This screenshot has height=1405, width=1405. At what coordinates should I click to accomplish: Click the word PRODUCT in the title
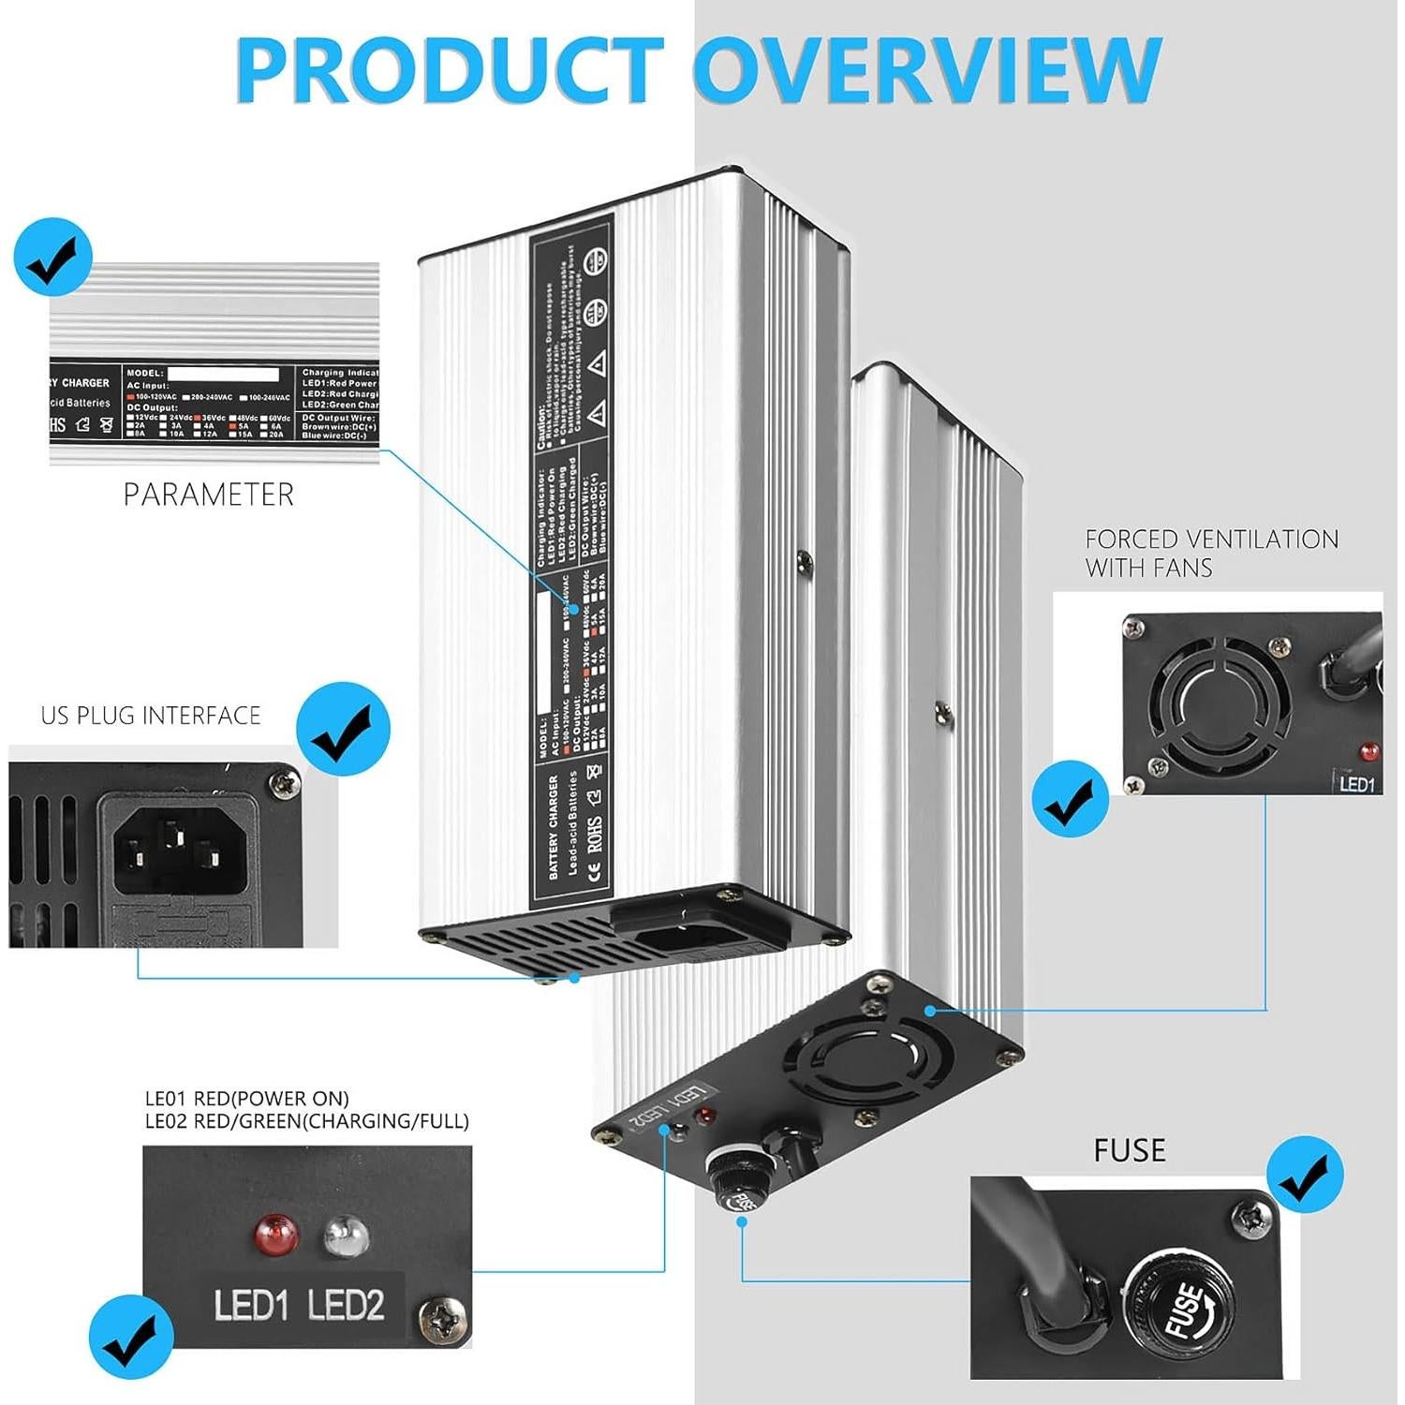coord(450,70)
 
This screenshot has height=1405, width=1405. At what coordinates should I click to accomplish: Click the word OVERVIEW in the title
coord(927,70)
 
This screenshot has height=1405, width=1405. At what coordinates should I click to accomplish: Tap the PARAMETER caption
coord(209,495)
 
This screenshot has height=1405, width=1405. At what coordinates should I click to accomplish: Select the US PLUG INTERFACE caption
coord(151,717)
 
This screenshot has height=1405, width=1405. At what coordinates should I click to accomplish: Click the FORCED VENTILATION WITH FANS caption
coord(1211,554)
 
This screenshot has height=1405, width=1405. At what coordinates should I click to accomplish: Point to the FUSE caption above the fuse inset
coord(1130,1151)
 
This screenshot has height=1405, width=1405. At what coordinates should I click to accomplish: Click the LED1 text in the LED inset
coord(250,1306)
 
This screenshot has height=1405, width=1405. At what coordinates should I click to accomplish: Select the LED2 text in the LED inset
coord(346,1306)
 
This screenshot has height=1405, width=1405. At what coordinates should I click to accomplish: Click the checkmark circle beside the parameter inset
coord(53,258)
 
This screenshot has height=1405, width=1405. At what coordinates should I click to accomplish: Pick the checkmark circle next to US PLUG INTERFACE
coord(343,730)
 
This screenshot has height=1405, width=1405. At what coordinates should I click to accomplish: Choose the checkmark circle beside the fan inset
coord(1070,798)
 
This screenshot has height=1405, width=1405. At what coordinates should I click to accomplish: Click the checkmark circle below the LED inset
coord(131,1338)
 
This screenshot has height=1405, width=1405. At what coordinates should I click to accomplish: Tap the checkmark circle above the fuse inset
coord(1305,1176)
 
